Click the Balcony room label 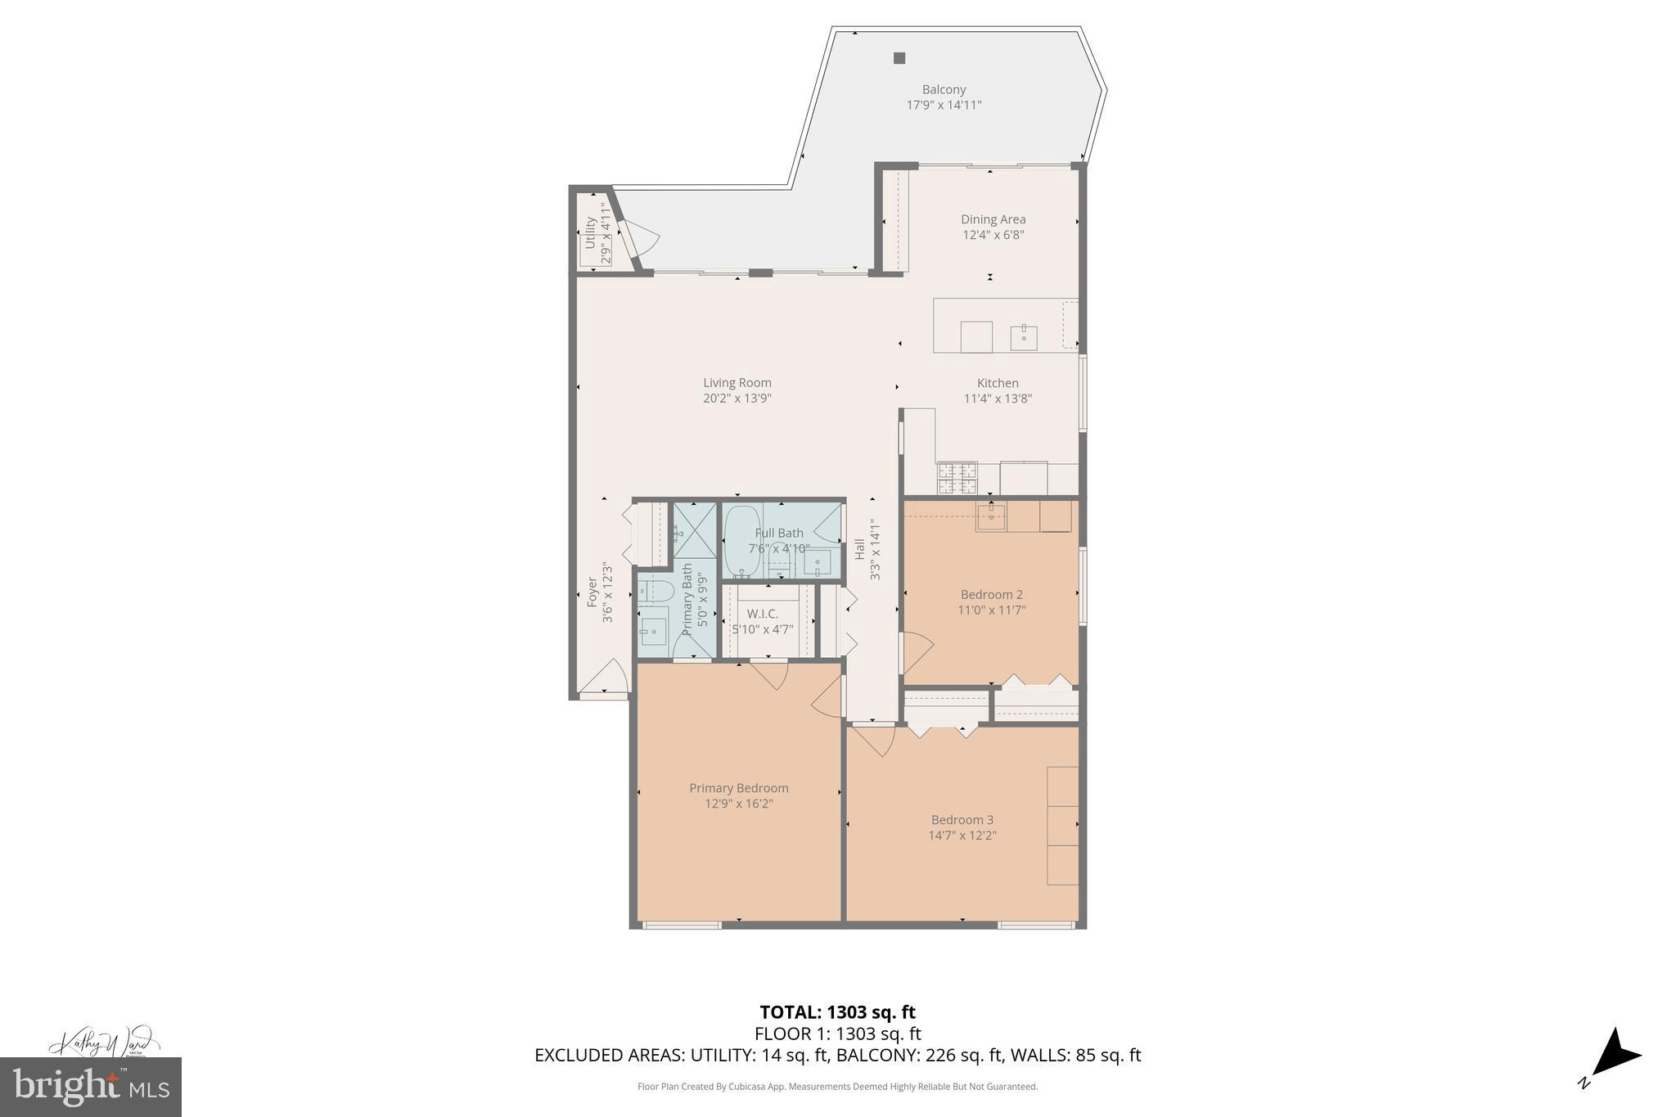pos(944,90)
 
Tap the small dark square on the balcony pos(899,58)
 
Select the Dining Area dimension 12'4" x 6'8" pos(993,235)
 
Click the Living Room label pos(737,383)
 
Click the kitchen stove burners pos(957,478)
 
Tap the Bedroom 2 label pos(991,595)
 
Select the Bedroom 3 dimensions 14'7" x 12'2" pos(962,835)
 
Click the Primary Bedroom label pos(738,788)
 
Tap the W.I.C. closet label pos(762,614)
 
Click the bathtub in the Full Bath pos(741,540)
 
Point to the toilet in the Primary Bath pos(655,590)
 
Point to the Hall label pos(859,549)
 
